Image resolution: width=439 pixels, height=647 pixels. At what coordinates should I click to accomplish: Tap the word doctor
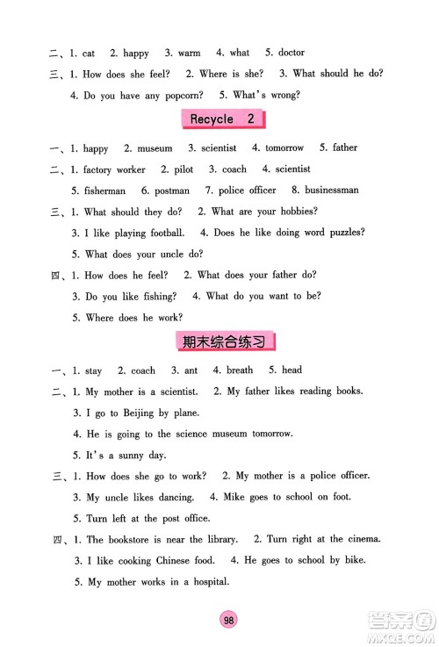[x=290, y=53]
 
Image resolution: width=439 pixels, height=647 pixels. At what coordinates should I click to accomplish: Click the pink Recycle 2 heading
[x=221, y=119]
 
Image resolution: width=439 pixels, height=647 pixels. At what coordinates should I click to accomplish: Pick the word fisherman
[x=104, y=191]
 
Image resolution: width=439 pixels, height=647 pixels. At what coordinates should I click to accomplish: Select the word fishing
[x=158, y=297]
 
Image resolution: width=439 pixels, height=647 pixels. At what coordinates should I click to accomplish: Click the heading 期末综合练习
[x=220, y=341]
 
